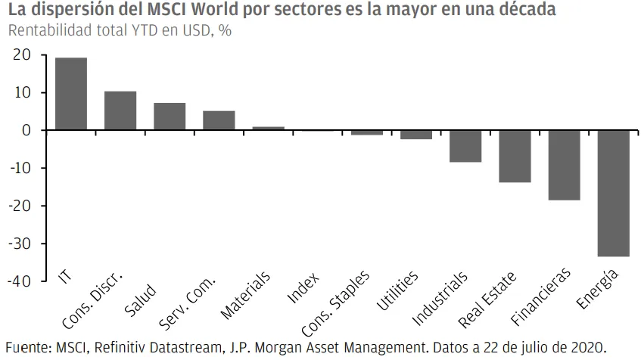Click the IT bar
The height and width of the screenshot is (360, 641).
pos(71,94)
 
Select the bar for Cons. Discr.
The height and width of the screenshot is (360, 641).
pos(120,110)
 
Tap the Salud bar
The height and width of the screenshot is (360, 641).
pos(170,116)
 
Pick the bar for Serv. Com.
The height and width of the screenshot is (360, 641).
pos(219,120)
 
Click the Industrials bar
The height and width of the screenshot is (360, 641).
pos(465,146)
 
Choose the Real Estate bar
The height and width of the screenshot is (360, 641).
pos(515,157)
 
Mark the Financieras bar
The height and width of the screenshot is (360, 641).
pos(564,166)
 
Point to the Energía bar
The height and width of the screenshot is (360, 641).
pos(614,194)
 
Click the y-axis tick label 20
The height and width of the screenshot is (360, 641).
pos(22,54)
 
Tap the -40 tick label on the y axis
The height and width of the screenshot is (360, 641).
pos(19,281)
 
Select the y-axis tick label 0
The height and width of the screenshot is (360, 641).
pos(26,130)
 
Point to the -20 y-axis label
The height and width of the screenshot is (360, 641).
pos(19,206)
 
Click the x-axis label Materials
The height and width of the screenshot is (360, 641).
pos(245,295)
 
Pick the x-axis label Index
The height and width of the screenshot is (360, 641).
pos(303,288)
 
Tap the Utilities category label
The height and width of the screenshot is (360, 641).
pos(397,290)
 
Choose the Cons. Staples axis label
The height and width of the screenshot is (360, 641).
pos(335,303)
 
